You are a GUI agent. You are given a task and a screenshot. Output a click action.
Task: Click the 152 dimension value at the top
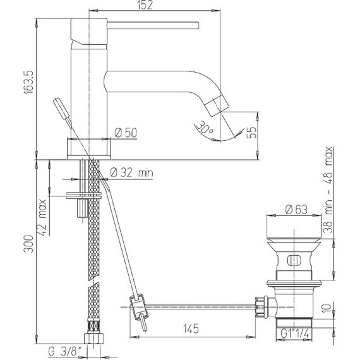click(x=145, y=5)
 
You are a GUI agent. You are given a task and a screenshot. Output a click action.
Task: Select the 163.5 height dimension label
click(x=29, y=82)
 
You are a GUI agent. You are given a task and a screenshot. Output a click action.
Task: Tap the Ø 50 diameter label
click(x=126, y=133)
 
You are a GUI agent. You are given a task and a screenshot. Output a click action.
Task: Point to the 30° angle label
click(x=205, y=128)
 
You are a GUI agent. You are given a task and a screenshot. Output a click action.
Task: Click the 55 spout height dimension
click(x=251, y=133)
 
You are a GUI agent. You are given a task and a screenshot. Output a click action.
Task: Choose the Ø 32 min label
click(x=131, y=172)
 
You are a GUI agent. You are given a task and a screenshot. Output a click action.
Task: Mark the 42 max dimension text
click(x=42, y=217)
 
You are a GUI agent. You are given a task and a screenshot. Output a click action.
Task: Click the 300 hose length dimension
click(x=28, y=244)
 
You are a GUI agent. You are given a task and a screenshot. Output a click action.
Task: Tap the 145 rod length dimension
click(x=191, y=329)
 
